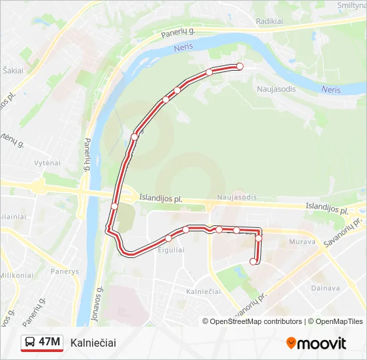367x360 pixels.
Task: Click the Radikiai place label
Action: coord(269,21)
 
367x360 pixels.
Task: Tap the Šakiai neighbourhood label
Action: coord(13,70)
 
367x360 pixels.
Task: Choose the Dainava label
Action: coord(325,288)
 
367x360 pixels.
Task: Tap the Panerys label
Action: coord(64,271)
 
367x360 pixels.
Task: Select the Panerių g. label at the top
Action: coord(177,33)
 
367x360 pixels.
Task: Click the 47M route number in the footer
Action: coord(49,343)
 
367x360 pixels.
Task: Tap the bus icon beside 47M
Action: coord(31,343)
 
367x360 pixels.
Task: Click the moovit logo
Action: coord(316,343)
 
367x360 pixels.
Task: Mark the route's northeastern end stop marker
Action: coord(240,66)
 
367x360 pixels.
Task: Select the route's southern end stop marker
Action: coord(253,261)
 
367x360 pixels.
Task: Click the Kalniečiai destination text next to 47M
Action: coord(93,343)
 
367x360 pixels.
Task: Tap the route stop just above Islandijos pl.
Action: coord(114,206)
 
